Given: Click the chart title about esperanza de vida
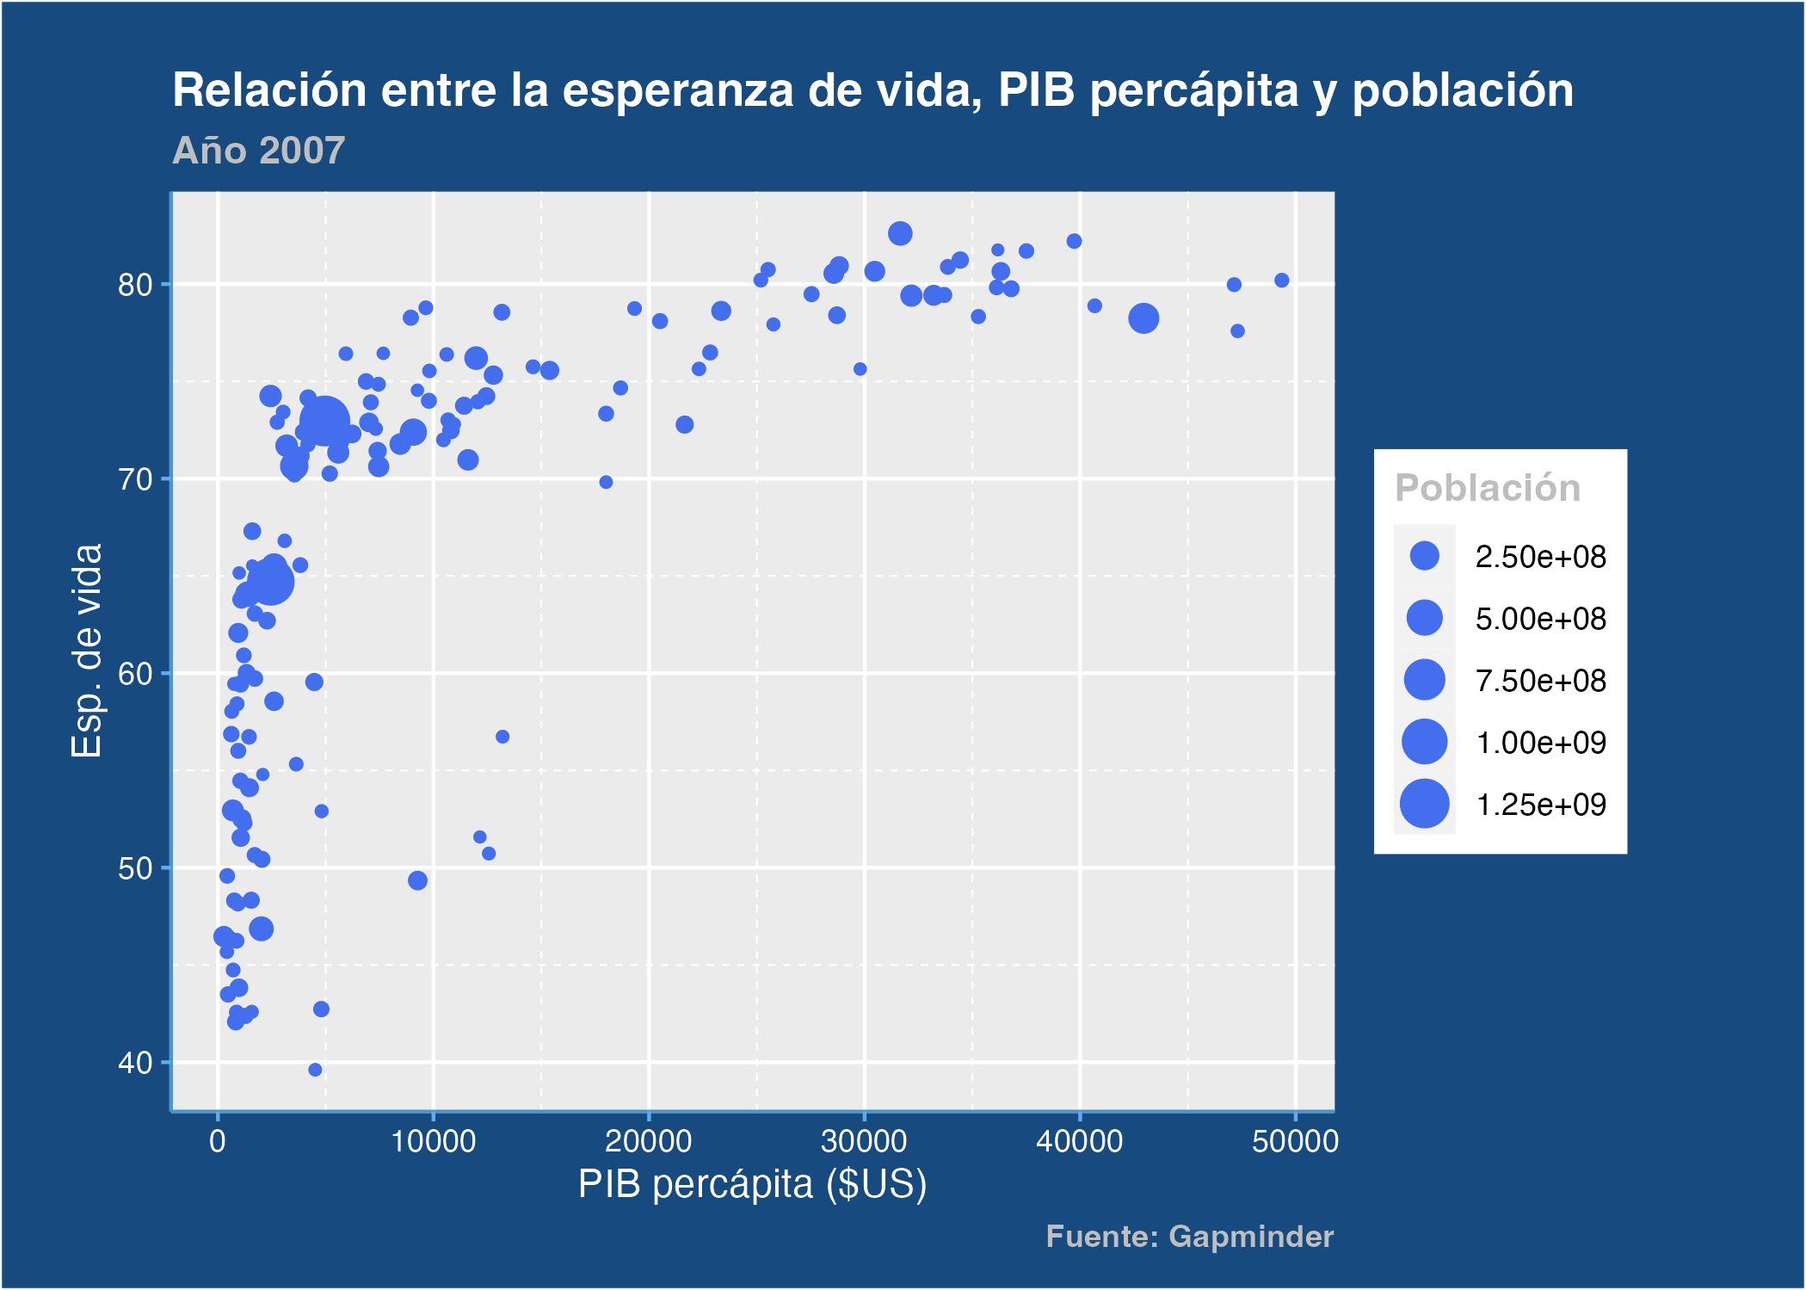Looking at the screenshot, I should pyautogui.click(x=872, y=90).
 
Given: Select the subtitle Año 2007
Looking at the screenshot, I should pyautogui.click(x=258, y=151).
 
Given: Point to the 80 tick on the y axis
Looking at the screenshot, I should pyautogui.click(x=135, y=285).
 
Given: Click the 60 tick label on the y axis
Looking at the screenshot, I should pyautogui.click(x=135, y=674).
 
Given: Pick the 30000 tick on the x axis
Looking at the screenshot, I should pyautogui.click(x=863, y=1142).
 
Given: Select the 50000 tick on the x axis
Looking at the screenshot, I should pyautogui.click(x=1294, y=1142).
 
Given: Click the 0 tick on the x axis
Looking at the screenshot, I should pyautogui.click(x=218, y=1142).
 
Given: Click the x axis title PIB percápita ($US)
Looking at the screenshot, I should pyautogui.click(x=752, y=1184).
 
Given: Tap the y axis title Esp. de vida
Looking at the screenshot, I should pyautogui.click(x=87, y=651).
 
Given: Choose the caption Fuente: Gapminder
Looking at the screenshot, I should pyautogui.click(x=1189, y=1237).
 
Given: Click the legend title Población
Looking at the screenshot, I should pyautogui.click(x=1487, y=488).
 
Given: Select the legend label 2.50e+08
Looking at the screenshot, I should pyautogui.click(x=1540, y=557).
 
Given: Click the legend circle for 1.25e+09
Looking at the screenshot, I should pyautogui.click(x=1424, y=804).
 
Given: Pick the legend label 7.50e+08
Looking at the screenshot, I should pyautogui.click(x=1540, y=681).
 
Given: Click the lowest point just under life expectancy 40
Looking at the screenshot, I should pyautogui.click(x=315, y=1070).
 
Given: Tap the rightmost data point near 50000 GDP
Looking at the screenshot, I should pyautogui.click(x=1281, y=280).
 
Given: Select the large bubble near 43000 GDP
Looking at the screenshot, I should pyautogui.click(x=1143, y=318).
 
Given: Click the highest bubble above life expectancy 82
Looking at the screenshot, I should pyautogui.click(x=900, y=233).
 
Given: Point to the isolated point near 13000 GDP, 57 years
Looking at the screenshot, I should pyautogui.click(x=502, y=737).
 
